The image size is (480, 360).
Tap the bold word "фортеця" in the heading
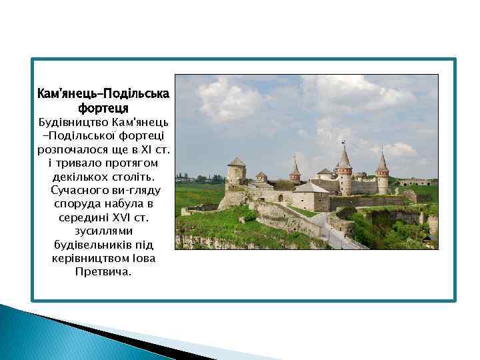103,107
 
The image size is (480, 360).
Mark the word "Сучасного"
80,191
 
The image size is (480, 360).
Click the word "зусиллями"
103,231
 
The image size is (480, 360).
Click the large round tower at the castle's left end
236,174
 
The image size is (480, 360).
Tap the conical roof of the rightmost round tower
382,162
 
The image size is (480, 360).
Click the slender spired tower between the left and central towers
295,171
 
